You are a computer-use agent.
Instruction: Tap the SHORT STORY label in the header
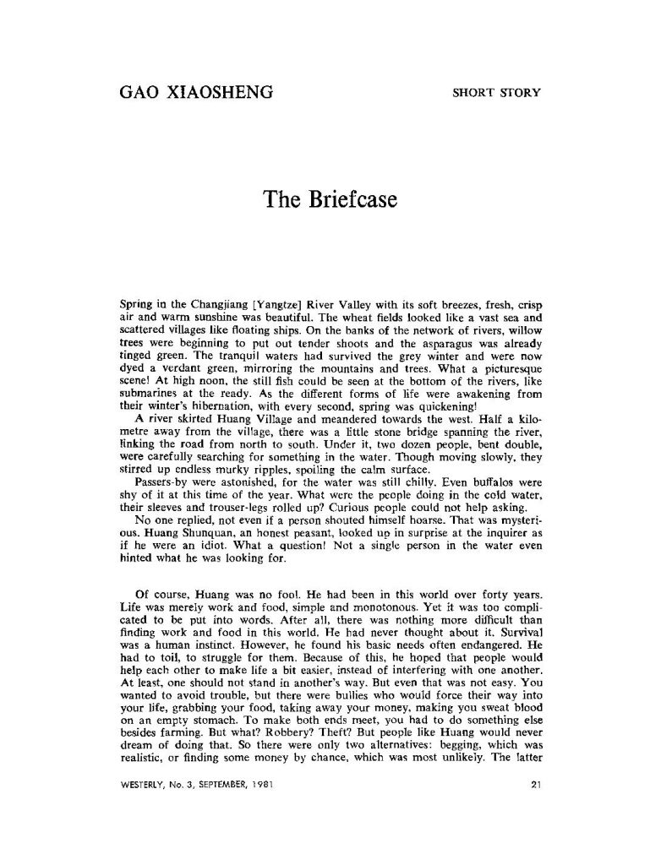(x=495, y=92)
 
